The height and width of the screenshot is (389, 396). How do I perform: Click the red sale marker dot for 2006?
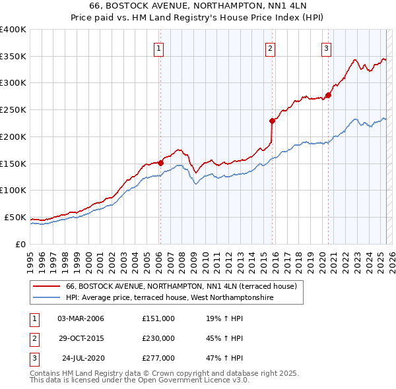click(160, 162)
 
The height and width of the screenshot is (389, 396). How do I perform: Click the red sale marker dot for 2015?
click(272, 121)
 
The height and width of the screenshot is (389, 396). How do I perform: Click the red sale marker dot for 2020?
click(328, 95)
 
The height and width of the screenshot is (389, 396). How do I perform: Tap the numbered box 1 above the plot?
click(160, 47)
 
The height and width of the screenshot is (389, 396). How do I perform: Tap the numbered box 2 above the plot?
click(271, 47)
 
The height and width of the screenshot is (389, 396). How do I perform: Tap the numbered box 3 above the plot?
click(326, 47)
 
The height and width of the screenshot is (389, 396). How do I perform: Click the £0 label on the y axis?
click(20, 244)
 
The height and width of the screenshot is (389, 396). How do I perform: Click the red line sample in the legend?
click(46, 286)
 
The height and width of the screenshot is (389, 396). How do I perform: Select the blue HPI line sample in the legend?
click(46, 298)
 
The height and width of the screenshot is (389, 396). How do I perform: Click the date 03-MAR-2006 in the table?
click(81, 318)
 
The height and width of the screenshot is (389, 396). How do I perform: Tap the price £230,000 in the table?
click(158, 338)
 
